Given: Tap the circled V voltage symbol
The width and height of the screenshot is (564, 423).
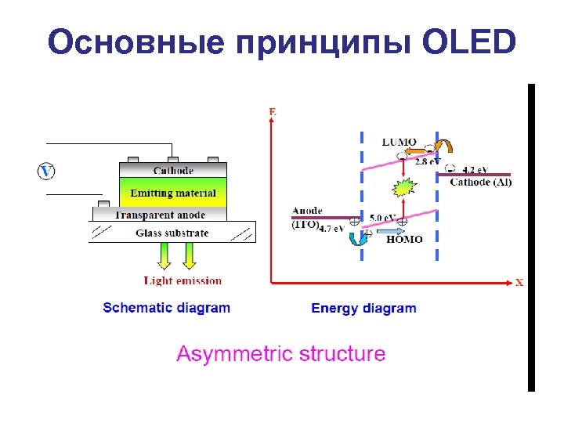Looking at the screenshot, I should click(46, 171).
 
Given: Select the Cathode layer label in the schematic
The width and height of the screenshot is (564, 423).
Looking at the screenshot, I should click(173, 170).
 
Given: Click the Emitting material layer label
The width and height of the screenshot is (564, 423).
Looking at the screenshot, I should click(172, 193).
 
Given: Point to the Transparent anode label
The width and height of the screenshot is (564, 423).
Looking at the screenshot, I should click(160, 215).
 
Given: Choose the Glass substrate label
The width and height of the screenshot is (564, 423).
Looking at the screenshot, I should click(172, 233).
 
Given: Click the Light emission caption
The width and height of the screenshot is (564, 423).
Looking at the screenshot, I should click(183, 280).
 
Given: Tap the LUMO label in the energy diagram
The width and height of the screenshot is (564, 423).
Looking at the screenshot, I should click(399, 143).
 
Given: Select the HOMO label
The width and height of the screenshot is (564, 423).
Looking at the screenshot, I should click(404, 240).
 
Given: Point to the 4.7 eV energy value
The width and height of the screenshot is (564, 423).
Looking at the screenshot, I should click(333, 229).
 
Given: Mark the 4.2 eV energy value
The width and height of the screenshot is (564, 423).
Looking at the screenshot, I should click(475, 169).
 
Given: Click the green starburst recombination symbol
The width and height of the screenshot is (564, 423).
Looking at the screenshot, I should click(403, 188).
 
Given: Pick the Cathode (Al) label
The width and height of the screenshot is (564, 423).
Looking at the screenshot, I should click(481, 182).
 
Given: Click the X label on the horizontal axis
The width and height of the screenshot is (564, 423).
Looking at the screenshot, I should click(519, 282).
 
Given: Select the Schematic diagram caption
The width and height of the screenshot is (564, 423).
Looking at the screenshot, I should click(167, 308).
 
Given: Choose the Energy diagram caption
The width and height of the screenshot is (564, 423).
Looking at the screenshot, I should click(363, 308).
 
